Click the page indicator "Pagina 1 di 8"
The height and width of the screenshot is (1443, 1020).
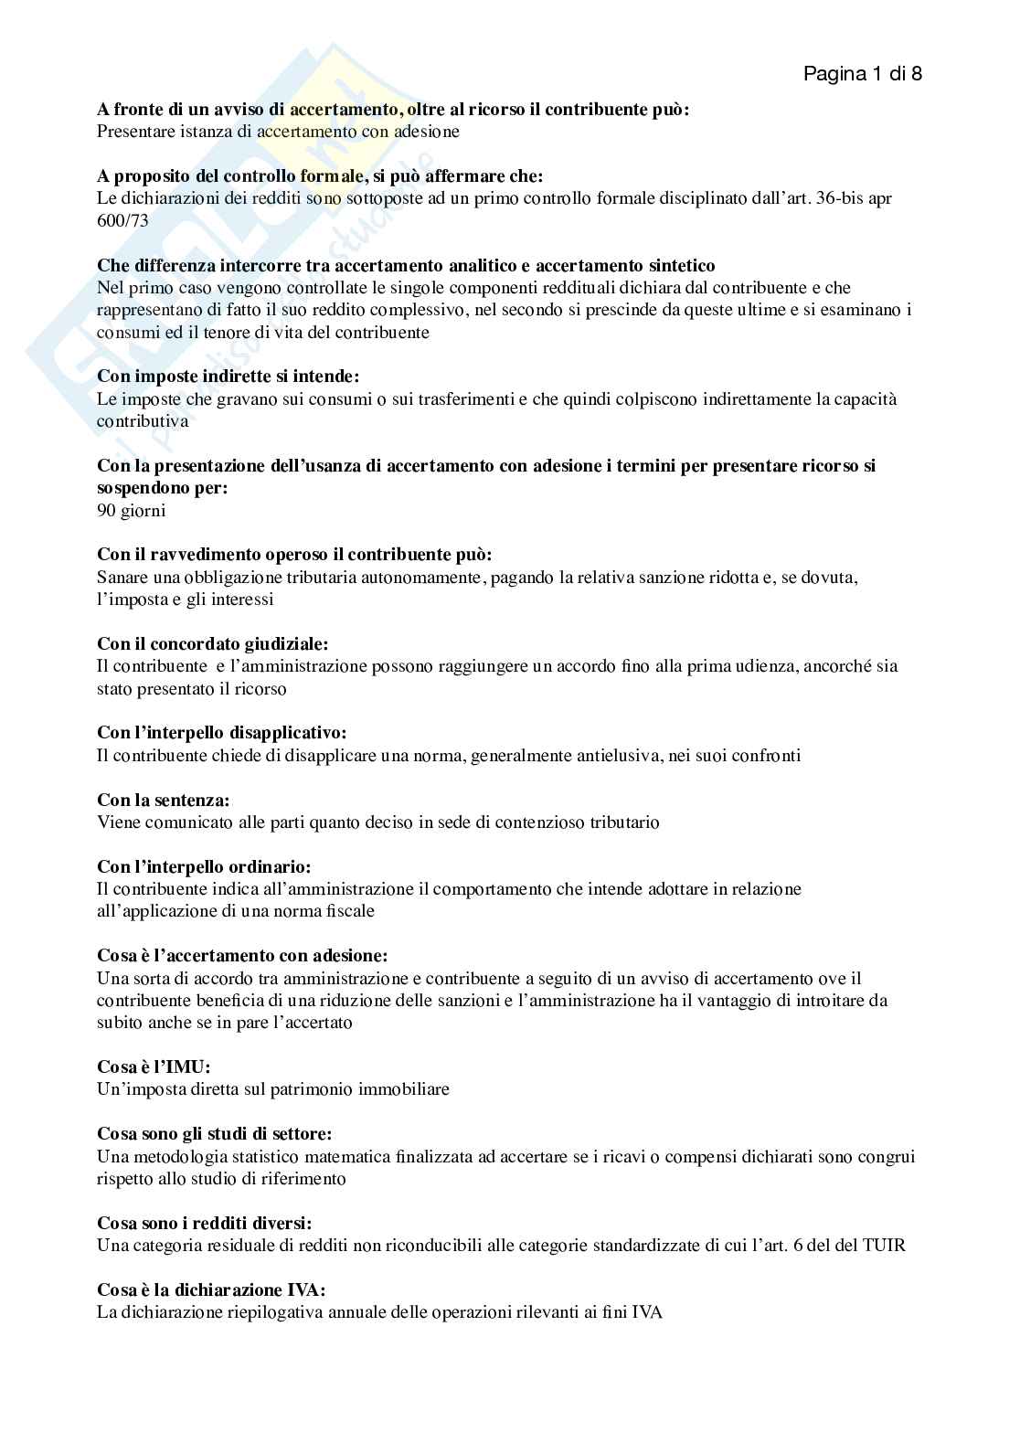pyautogui.click(x=862, y=74)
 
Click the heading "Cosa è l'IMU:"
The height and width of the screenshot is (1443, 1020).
pyautogui.click(x=154, y=1066)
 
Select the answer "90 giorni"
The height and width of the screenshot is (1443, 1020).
pyautogui.click(x=132, y=510)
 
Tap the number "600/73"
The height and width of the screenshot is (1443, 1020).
pyautogui.click(x=122, y=220)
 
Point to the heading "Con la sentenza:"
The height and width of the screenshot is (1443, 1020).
pyautogui.click(x=163, y=800)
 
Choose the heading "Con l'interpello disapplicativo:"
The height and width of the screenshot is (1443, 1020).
pyautogui.click(x=222, y=733)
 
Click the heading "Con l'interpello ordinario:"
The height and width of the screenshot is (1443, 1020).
pyautogui.click(x=204, y=866)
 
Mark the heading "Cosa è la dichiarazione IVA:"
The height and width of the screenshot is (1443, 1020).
pyautogui.click(x=211, y=1290)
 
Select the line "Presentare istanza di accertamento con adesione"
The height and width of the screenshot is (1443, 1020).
pyautogui.click(x=278, y=132)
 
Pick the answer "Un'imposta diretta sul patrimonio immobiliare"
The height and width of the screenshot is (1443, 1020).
pyautogui.click(x=273, y=1089)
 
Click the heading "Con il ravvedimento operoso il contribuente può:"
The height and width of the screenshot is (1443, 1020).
pyautogui.click(x=294, y=555)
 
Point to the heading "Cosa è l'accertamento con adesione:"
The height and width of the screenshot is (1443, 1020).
pyautogui.click(x=242, y=955)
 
